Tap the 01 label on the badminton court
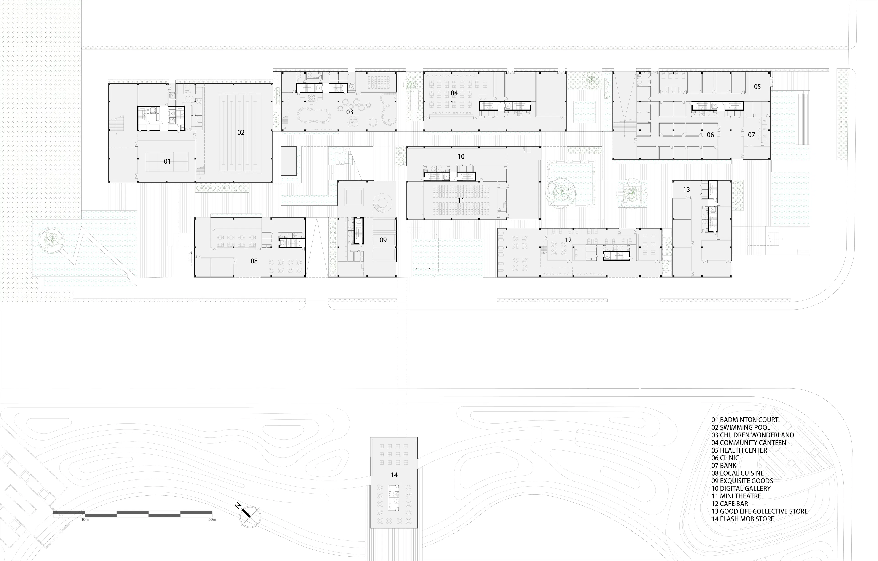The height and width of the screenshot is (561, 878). [167, 161]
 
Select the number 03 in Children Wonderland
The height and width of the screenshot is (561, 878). [350, 112]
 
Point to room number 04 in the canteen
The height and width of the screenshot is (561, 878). [454, 93]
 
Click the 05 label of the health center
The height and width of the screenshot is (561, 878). [757, 87]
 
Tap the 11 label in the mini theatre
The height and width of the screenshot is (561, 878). [461, 201]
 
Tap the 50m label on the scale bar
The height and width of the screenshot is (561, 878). [212, 519]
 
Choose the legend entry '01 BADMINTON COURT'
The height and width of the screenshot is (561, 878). [744, 420]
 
